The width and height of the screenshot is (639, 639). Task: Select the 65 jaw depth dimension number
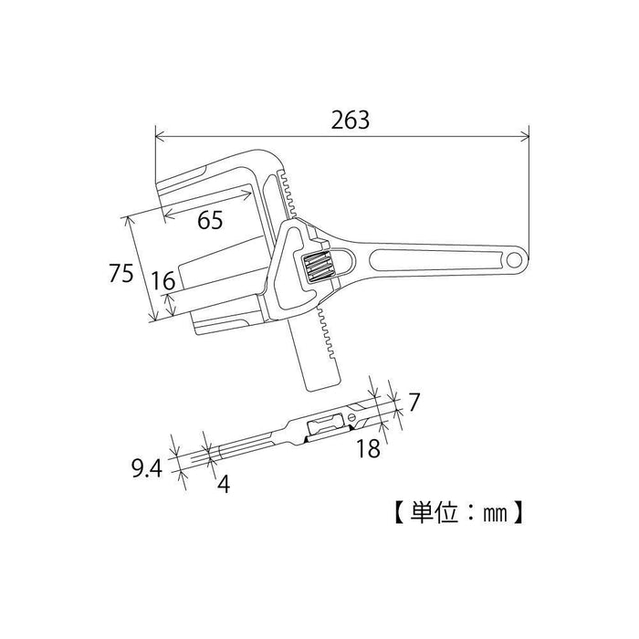(210, 220)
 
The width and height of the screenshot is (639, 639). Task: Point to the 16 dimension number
(163, 282)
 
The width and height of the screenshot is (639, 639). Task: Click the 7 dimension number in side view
(414, 401)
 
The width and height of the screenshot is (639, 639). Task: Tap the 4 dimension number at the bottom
(221, 483)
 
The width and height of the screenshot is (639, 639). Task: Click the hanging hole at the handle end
(515, 261)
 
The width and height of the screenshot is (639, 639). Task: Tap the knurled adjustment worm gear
(318, 267)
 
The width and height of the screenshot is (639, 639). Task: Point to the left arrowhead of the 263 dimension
(159, 138)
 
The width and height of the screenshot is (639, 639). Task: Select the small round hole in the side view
(351, 419)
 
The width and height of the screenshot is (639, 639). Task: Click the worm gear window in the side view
(328, 425)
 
